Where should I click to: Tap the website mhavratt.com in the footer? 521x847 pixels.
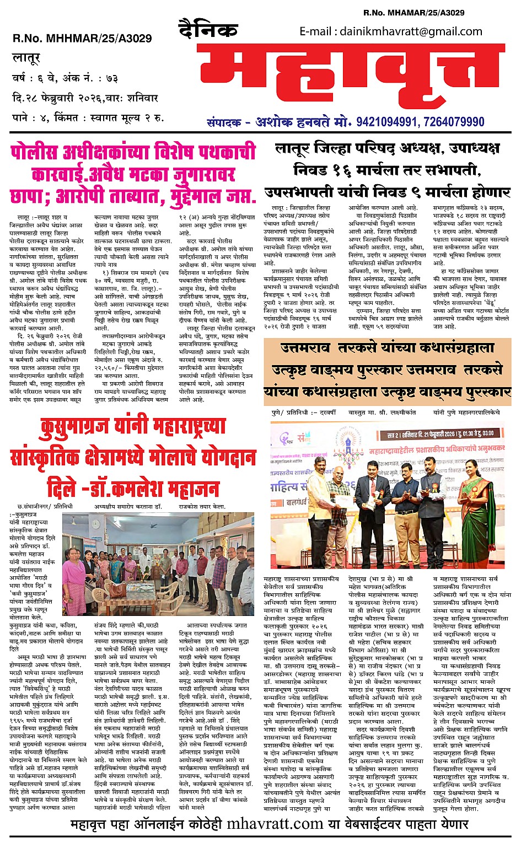tap(275, 824)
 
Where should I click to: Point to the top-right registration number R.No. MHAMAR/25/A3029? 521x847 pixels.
tap(413, 13)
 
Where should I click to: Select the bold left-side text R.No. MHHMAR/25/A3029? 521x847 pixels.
tap(82, 39)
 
